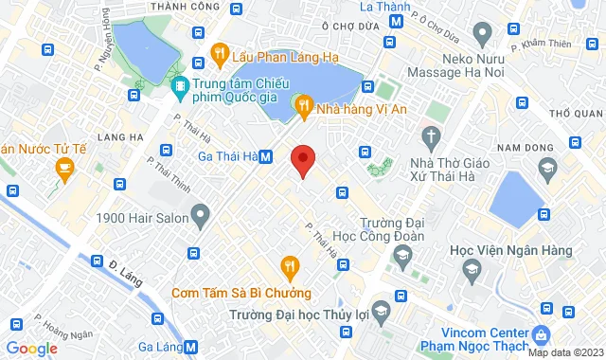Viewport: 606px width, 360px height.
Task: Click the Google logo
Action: tap(31, 349)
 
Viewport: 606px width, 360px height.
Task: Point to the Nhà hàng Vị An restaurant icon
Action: tap(303, 108)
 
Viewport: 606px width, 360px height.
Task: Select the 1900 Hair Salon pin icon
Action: tap(200, 219)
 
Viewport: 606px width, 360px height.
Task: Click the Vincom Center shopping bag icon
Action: tap(541, 335)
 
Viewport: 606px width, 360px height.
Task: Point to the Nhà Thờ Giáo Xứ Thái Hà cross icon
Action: tap(432, 138)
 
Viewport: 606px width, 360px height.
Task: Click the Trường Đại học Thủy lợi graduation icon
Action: tap(381, 310)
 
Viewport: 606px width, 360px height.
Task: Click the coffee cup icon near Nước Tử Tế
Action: tap(64, 170)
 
